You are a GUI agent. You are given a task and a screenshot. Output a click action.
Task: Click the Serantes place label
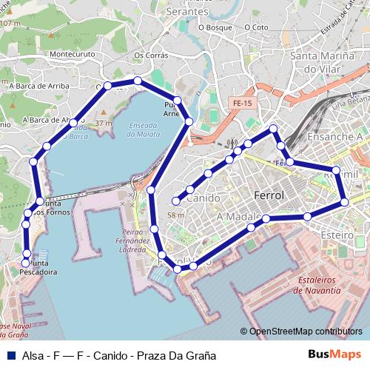pos(187,13)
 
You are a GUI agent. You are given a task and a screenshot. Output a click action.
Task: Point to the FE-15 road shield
pos(241,104)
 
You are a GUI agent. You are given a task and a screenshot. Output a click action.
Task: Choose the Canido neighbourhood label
pos(203,198)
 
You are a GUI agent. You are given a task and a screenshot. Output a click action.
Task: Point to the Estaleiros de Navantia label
pos(319,286)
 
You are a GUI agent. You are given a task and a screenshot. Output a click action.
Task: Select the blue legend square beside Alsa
pos(10,355)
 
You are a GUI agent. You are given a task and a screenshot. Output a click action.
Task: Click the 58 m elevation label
pos(176,215)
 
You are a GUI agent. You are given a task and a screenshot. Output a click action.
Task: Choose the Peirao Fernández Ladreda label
pos(133,241)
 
